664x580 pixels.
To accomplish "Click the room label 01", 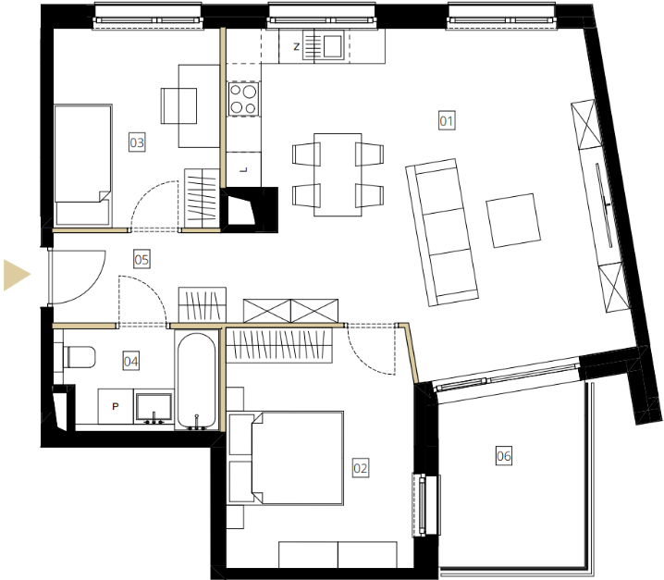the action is coord(447,121).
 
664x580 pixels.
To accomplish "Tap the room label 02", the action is coord(361,468).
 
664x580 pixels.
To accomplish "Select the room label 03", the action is coord(137,142).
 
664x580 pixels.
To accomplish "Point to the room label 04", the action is coord(130,362).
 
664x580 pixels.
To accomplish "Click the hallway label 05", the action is coord(141,259).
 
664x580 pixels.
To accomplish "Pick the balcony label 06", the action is coord(503,456).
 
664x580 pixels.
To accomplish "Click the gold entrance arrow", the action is coord(16,275).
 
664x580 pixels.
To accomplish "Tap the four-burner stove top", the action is coord(243,99).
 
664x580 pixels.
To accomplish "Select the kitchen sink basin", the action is coord(332,45).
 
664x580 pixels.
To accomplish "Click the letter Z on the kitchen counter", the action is coord(297,46).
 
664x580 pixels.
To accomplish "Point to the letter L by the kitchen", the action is coord(243,170).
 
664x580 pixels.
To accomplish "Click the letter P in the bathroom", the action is coord(116,406).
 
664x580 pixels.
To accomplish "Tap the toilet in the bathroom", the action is coord(80,357).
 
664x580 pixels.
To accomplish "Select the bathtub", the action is coord(196,380).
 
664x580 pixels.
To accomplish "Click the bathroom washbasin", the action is coord(154,407).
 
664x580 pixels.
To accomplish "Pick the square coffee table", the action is coord(513,220).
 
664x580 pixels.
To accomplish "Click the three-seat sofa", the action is coord(442,232).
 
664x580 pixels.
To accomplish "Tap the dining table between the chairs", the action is coord(338,175).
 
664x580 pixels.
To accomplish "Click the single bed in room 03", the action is coord(83,165).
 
